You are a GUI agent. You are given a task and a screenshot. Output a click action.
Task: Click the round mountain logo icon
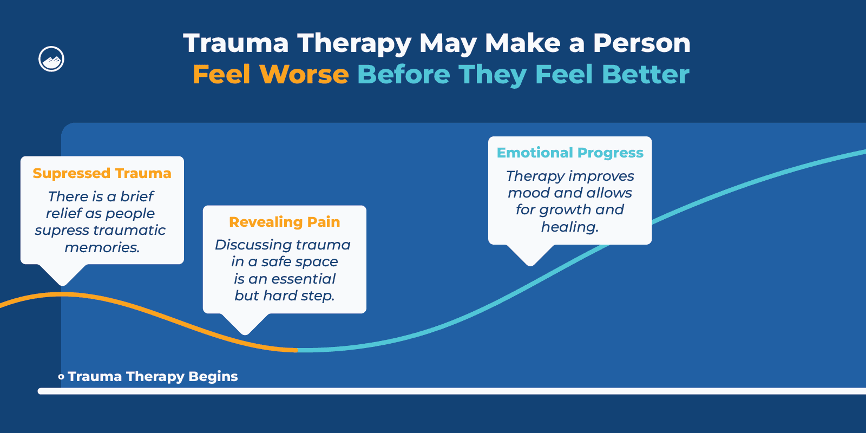(x=51, y=59)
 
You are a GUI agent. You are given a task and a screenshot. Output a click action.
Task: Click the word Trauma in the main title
(x=236, y=43)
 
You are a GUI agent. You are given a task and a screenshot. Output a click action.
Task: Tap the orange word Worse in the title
(x=304, y=75)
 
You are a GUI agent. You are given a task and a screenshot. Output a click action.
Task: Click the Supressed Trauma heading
(x=102, y=173)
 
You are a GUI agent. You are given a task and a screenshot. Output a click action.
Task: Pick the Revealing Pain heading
(x=284, y=222)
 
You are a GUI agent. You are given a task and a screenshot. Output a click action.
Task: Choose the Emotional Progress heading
(x=570, y=153)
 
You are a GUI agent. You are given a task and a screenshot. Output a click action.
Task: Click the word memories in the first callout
(x=102, y=247)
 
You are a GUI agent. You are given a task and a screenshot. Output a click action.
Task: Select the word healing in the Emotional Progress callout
(x=569, y=227)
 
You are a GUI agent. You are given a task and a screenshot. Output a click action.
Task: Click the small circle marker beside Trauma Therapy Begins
(x=61, y=377)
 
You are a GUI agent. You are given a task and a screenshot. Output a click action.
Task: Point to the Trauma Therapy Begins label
(x=153, y=377)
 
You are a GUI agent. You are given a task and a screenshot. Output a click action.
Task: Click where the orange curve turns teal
(x=298, y=350)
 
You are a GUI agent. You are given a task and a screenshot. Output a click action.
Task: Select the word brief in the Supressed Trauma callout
(x=137, y=196)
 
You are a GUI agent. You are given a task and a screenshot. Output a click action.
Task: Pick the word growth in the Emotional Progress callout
(x=565, y=209)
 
